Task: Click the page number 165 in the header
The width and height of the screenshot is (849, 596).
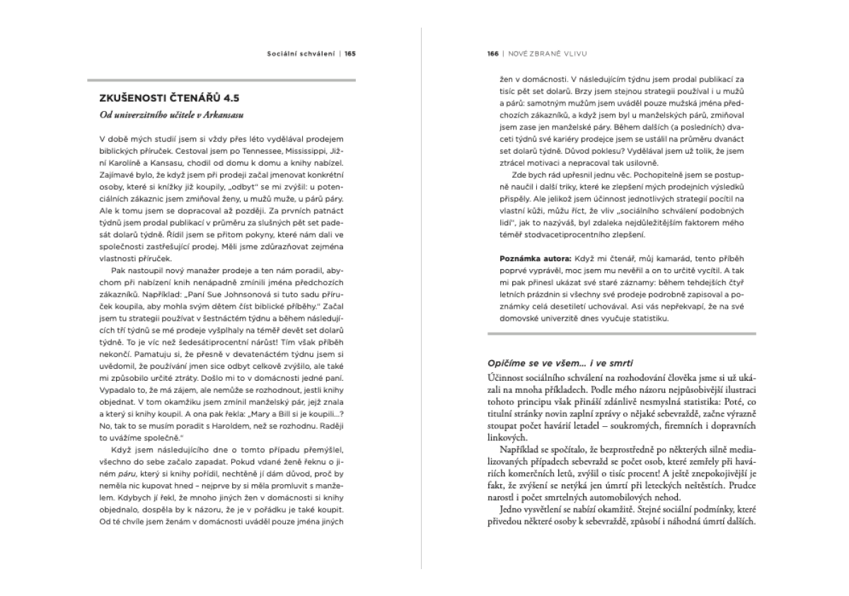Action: point(350,52)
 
